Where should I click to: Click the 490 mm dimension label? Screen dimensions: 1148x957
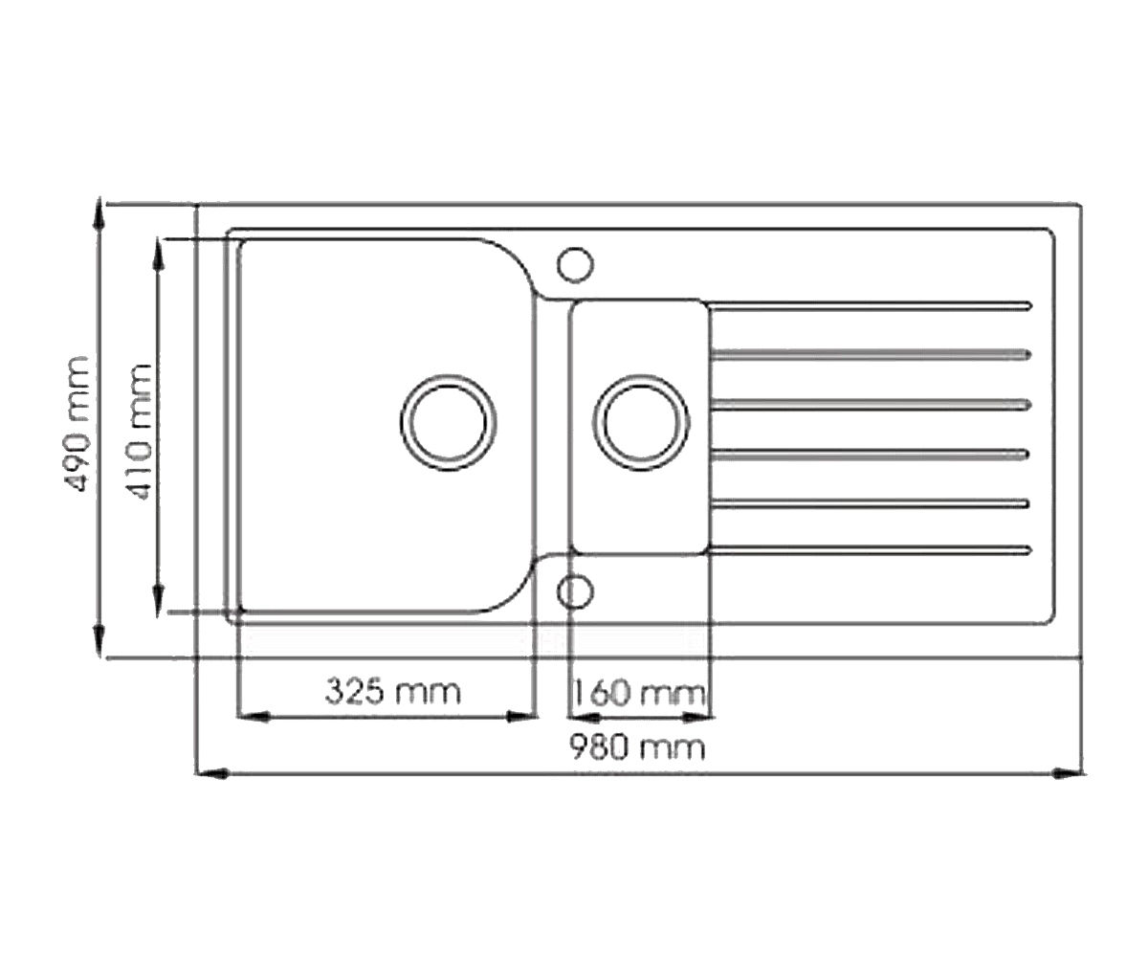tap(77, 424)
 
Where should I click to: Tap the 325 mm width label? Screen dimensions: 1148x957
tap(392, 691)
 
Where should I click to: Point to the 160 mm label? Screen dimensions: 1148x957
tap(639, 693)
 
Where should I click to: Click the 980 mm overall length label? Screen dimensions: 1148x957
tap(637, 747)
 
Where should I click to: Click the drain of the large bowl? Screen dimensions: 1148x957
tap(448, 422)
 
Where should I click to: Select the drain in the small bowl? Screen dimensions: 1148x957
tap(641, 422)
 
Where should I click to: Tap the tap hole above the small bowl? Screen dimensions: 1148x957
tap(575, 264)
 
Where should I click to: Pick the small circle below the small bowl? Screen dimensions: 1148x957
tap(575, 591)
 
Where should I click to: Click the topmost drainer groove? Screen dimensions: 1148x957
tap(870, 306)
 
